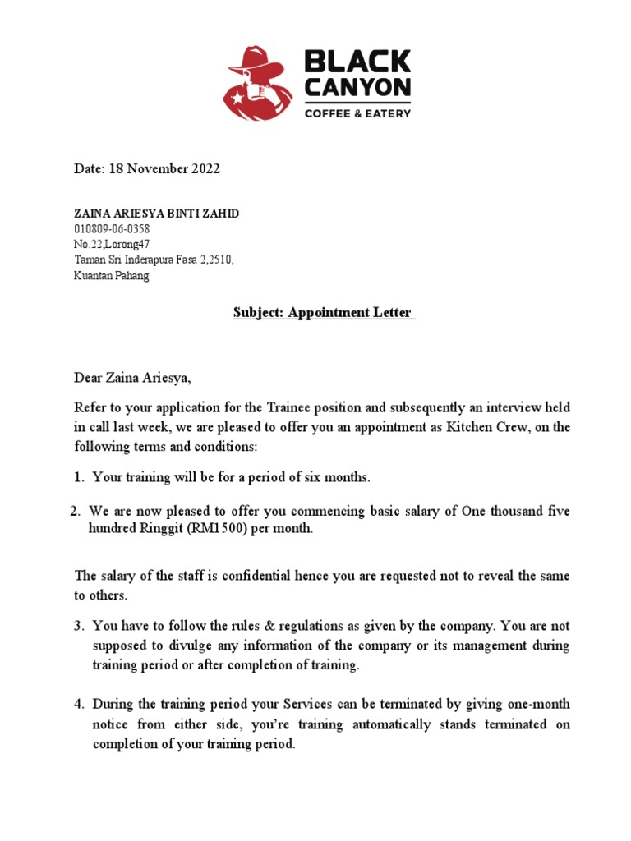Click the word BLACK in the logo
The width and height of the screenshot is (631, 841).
pos(357,62)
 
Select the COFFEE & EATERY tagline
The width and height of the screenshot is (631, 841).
pos(357,113)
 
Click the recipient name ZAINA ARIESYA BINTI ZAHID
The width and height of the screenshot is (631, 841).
pos(158,214)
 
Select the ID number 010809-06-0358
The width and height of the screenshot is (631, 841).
pos(112,229)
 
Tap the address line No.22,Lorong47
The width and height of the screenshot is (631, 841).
pos(113,245)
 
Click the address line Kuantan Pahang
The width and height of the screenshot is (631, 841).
pos(112,276)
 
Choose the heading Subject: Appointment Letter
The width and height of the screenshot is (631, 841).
pos(324,313)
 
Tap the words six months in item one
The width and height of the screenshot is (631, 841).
pos(338,477)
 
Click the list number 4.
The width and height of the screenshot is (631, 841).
pos(79,704)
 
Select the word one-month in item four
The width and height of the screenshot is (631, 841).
pos(533,704)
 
